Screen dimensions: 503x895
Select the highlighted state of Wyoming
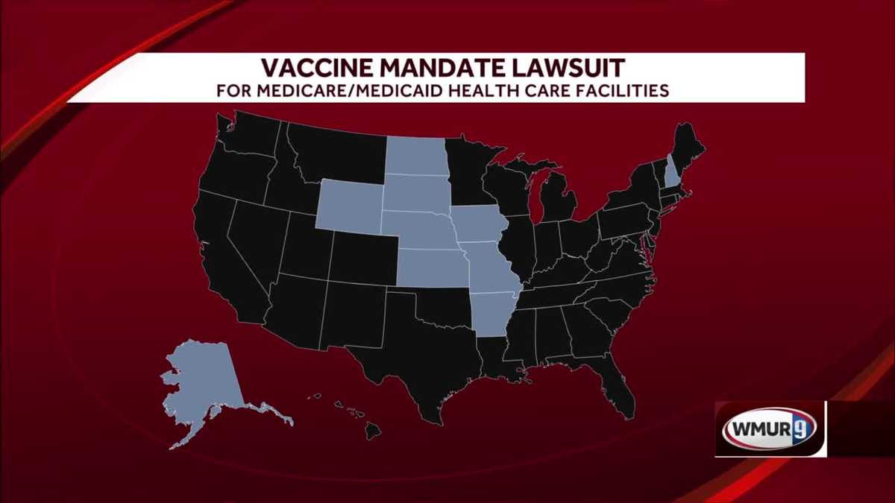point(349,203)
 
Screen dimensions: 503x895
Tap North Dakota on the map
point(416,156)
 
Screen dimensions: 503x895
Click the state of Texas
point(418,358)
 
